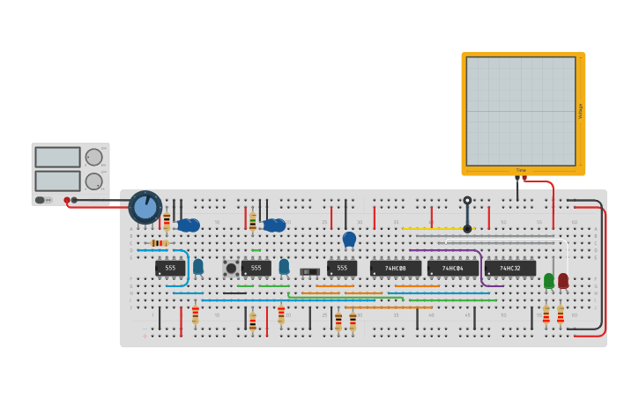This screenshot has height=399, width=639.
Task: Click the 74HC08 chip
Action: (395, 268)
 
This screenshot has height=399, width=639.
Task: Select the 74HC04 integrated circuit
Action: (453, 268)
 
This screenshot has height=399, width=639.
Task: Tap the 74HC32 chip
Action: (509, 268)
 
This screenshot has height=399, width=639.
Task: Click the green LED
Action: (549, 280)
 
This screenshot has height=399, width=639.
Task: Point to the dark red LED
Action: (563, 280)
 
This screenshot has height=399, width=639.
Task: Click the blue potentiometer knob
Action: (145, 208)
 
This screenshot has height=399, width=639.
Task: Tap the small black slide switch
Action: (309, 271)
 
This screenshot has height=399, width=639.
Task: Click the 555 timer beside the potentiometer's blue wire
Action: (170, 268)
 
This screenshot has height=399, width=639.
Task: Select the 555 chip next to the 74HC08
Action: (342, 268)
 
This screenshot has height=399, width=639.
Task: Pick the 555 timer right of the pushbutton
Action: (256, 268)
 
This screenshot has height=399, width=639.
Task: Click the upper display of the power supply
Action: (57, 158)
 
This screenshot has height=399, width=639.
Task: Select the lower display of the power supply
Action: (57, 181)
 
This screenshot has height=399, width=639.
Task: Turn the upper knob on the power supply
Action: (93, 158)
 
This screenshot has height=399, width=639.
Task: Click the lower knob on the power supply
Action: (93, 181)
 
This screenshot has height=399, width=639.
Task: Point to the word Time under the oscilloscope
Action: (521, 170)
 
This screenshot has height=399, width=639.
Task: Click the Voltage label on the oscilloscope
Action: (580, 111)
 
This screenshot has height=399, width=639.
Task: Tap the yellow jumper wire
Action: (438, 229)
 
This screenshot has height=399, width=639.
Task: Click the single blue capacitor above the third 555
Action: (349, 238)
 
